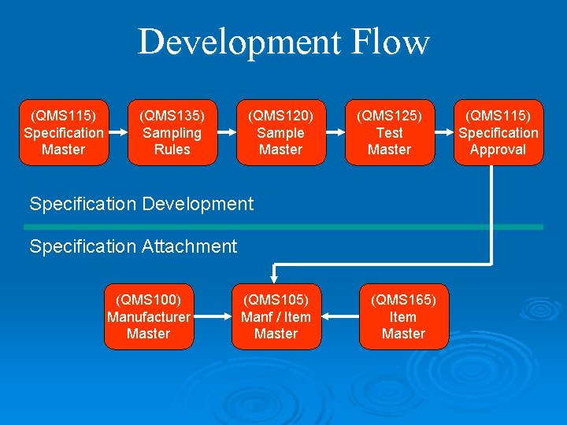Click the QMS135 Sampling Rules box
pyautogui.click(x=172, y=132)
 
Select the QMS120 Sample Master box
pyautogui.click(x=280, y=132)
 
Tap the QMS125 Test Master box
pyautogui.click(x=389, y=132)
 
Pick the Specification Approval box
pyautogui.click(x=498, y=132)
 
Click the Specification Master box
pyautogui.click(x=63, y=132)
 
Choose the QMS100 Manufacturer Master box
pyautogui.click(x=148, y=316)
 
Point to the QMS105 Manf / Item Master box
pyautogui.click(x=276, y=316)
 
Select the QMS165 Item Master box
pyautogui.click(x=403, y=316)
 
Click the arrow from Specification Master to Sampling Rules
pyautogui.click(x=117, y=132)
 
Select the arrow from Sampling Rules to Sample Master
pyautogui.click(x=226, y=132)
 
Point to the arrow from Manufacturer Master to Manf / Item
pyautogui.click(x=211, y=316)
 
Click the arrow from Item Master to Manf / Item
pyautogui.click(x=340, y=316)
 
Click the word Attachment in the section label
pyautogui.click(x=189, y=246)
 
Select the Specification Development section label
pyautogui.click(x=142, y=204)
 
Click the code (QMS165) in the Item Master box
pyautogui.click(x=403, y=300)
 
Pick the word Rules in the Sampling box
pyautogui.click(x=172, y=150)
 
